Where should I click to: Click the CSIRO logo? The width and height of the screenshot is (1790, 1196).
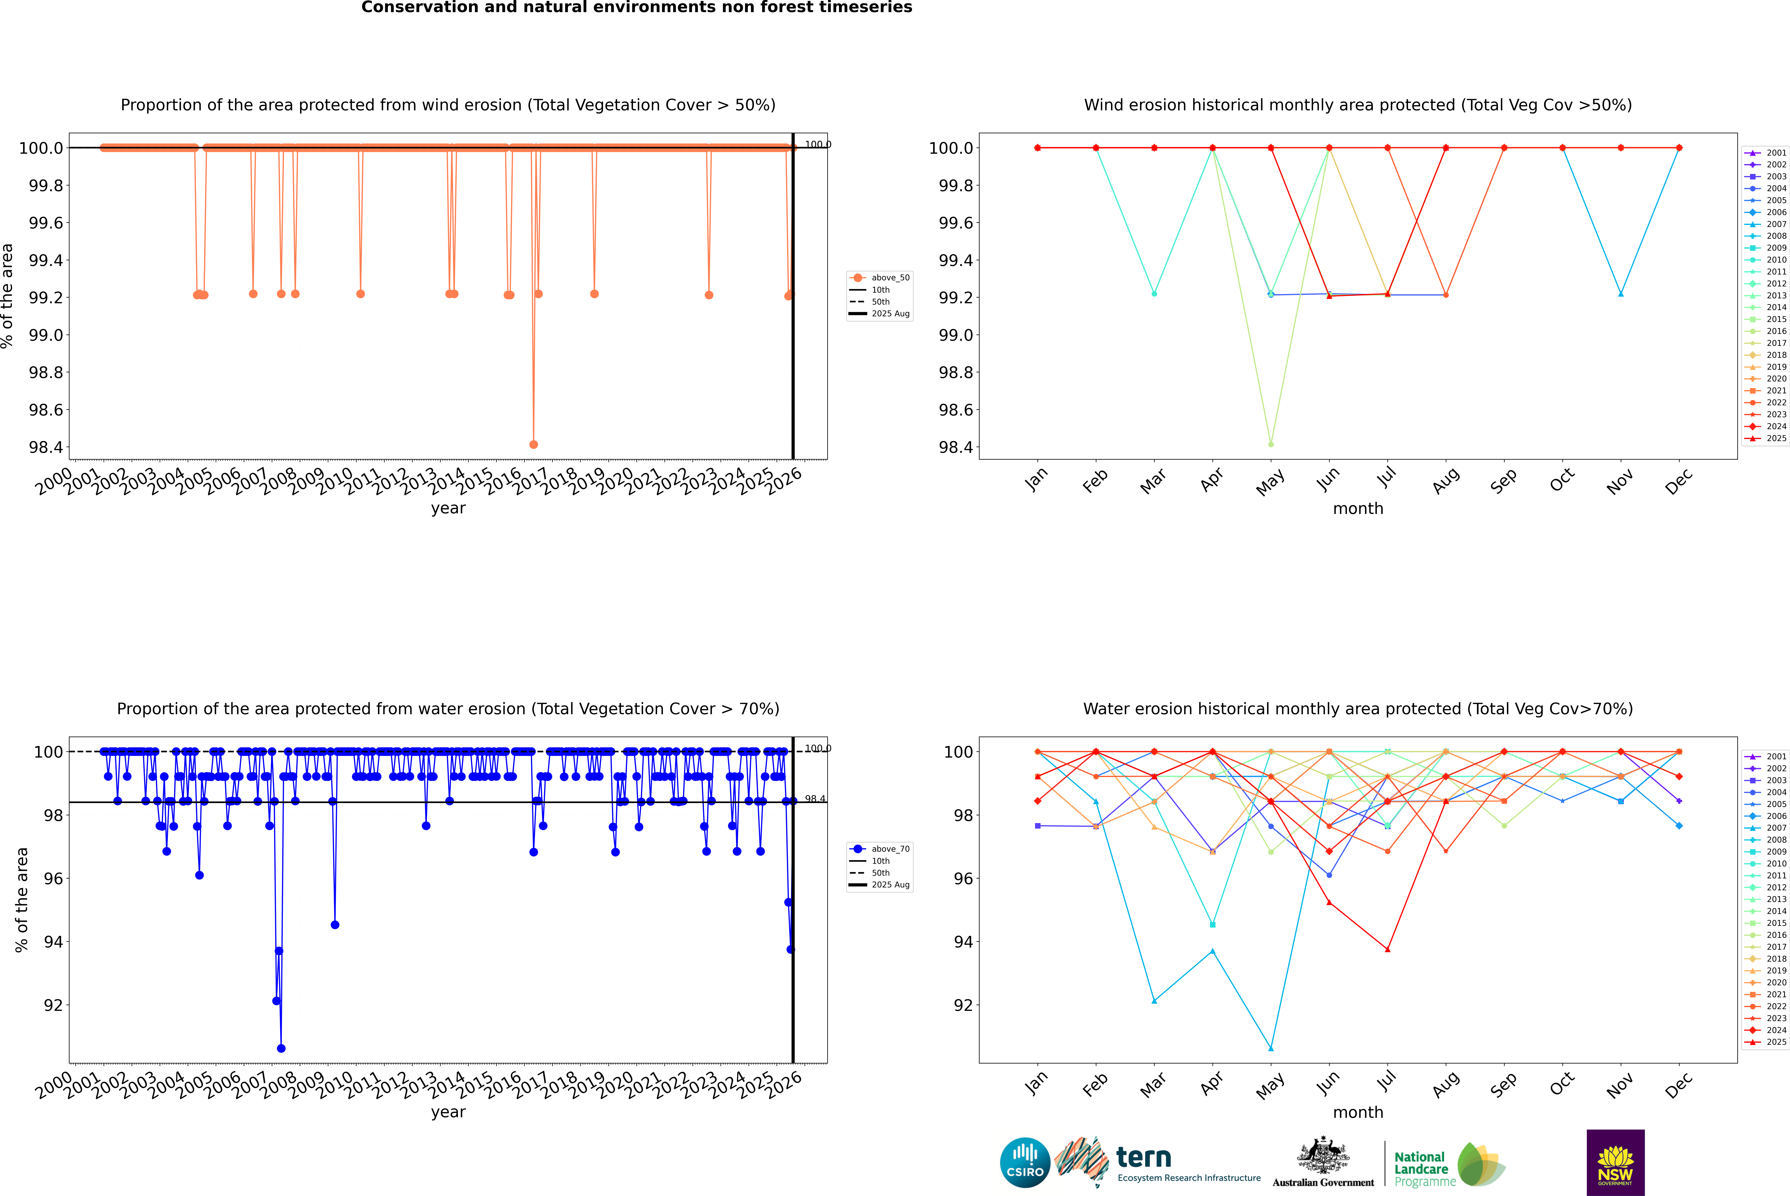tap(1025, 1162)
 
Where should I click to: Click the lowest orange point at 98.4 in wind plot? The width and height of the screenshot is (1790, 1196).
tap(533, 444)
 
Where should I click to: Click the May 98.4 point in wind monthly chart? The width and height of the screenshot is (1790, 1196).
tap(1270, 444)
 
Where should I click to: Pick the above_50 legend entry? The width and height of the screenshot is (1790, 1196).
tap(890, 278)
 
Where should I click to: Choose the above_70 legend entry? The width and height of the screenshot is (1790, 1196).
tap(890, 849)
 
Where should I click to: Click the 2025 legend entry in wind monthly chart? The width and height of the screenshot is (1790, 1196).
tap(1775, 439)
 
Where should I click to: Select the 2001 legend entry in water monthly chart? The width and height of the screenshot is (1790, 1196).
tap(1775, 757)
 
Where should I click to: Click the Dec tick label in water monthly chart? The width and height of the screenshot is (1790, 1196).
tap(1679, 1085)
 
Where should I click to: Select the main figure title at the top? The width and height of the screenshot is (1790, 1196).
tap(636, 8)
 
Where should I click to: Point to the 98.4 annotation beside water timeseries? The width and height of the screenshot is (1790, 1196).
tap(815, 799)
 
